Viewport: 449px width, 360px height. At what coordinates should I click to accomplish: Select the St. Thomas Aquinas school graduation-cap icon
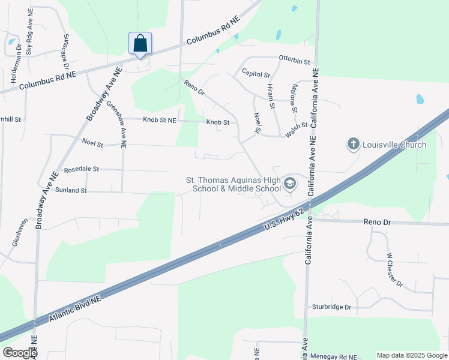[290, 183]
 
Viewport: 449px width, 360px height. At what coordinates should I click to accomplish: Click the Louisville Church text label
[394, 145]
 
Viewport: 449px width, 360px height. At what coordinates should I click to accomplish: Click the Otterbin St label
[294, 61]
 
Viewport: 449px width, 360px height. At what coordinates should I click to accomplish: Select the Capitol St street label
[256, 74]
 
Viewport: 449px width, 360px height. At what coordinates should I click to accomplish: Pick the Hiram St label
[270, 96]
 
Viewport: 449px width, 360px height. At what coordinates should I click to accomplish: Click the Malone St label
[294, 98]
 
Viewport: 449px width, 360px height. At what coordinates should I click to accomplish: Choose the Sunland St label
[71, 190]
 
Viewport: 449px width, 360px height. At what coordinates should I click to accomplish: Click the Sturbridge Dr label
[331, 307]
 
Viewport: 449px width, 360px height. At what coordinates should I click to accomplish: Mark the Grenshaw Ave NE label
[116, 124]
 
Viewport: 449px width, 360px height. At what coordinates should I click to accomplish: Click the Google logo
[19, 353]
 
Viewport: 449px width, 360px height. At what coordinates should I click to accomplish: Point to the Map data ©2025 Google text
[411, 355]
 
